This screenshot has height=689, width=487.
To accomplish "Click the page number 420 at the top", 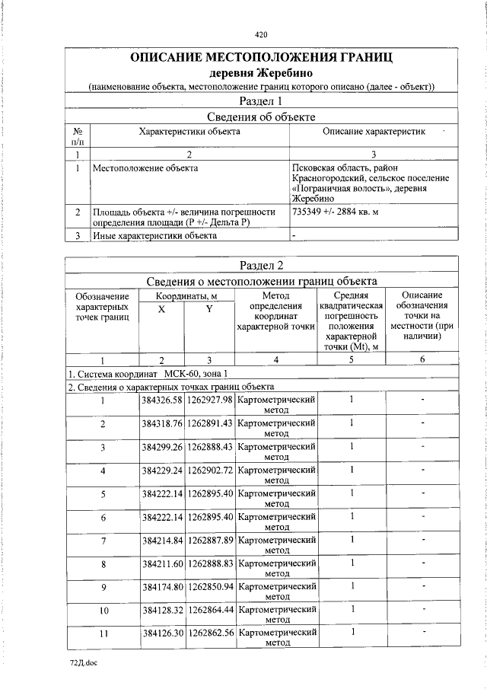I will click(x=261, y=34).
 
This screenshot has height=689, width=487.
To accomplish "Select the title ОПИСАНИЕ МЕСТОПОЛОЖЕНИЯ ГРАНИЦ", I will click(x=261, y=58).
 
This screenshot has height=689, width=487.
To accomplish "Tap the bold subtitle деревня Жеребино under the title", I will click(x=261, y=73).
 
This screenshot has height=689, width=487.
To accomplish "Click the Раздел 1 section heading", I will click(x=261, y=100).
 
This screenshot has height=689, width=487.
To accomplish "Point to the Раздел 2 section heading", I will click(x=261, y=265).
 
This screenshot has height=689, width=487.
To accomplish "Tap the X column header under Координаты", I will click(x=161, y=309).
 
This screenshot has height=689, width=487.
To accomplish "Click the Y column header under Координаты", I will click(x=208, y=309).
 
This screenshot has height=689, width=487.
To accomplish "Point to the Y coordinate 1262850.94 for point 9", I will click(x=209, y=587).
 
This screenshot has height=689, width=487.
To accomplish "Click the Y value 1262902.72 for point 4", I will click(x=209, y=470).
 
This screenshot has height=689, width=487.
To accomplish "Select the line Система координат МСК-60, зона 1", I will click(x=148, y=374).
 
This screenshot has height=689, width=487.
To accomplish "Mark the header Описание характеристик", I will click(x=374, y=132).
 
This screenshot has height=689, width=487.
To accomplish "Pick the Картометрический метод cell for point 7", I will click(x=276, y=544).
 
